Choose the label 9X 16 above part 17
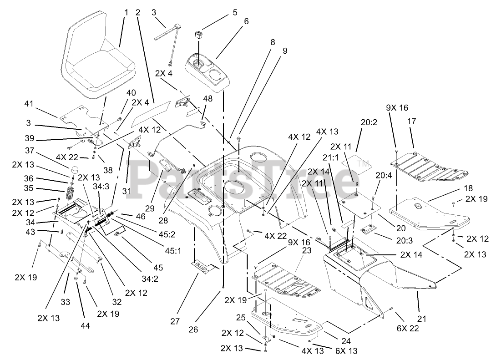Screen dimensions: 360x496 click(397, 108)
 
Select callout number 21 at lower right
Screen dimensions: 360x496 click(422, 319)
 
